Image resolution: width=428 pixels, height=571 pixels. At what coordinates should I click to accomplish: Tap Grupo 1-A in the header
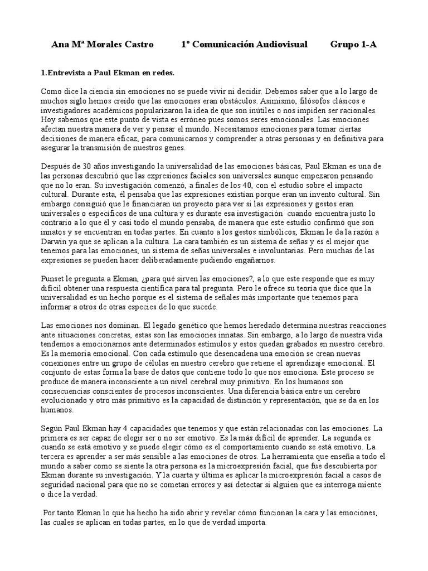point(353,45)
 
